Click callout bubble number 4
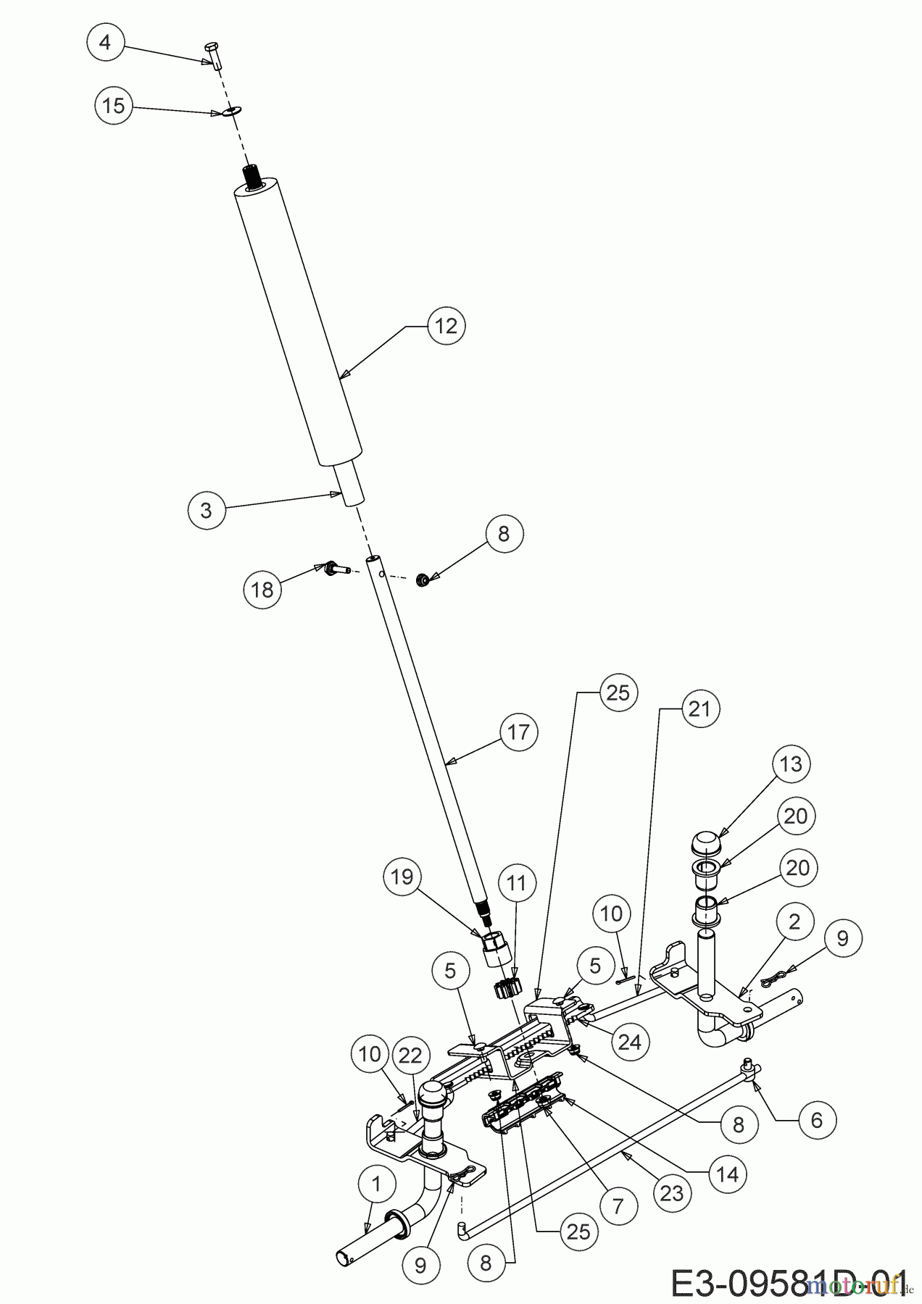click(105, 43)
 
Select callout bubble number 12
click(447, 326)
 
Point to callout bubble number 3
click(206, 510)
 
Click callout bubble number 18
click(262, 589)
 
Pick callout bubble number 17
click(519, 732)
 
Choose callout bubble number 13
click(791, 764)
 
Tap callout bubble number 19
click(402, 877)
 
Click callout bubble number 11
click(517, 883)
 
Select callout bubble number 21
click(699, 709)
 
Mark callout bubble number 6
click(817, 1120)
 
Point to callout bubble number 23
click(672, 1192)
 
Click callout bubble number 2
click(795, 921)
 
